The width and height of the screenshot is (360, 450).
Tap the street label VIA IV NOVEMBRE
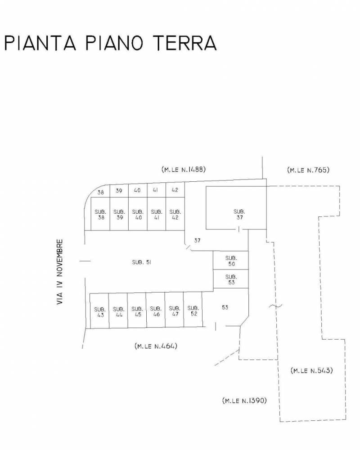tap(60, 272)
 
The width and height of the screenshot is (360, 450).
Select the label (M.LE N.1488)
tap(184, 169)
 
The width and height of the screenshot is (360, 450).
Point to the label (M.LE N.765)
tap(308, 170)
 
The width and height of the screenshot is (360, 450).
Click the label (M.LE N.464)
tap(156, 346)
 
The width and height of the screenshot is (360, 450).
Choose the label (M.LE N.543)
tap(312, 370)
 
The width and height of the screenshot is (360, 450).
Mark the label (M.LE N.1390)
tap(245, 400)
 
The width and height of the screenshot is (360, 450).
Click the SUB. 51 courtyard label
tap(142, 262)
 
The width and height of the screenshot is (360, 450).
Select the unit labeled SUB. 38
tap(100, 214)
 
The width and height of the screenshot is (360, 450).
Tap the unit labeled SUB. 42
tap(175, 214)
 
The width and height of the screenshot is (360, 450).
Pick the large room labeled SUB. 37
tap(236, 208)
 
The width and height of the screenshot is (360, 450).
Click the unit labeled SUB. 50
tap(231, 260)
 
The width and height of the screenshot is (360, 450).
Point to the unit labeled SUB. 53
tap(231, 279)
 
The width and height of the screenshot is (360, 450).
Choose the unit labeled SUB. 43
tap(99, 311)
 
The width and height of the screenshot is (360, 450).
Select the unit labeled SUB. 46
tap(156, 310)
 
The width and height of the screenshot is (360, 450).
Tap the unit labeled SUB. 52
tap(193, 310)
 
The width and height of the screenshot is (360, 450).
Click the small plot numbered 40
tap(138, 190)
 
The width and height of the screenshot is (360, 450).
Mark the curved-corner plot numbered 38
tap(100, 192)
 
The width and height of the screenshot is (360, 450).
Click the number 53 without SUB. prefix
tap(225, 307)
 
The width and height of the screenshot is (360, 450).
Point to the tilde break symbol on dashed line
tap(275, 306)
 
